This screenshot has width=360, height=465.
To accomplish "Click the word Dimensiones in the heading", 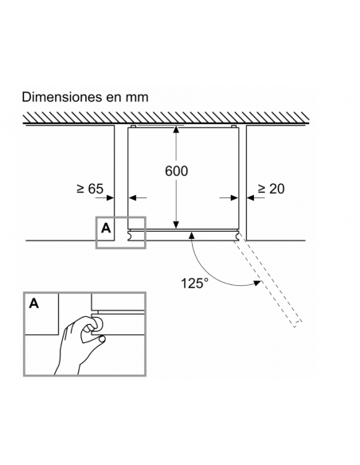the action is pyautogui.click(x=62, y=97).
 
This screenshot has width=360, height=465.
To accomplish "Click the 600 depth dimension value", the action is pyautogui.click(x=177, y=171).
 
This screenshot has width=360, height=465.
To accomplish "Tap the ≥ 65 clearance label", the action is pyautogui.click(x=90, y=189).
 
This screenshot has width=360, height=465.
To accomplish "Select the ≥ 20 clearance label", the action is pyautogui.click(x=272, y=189).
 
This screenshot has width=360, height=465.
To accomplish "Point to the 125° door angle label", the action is pyautogui.click(x=194, y=283).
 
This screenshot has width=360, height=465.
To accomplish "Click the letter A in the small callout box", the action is pyautogui.click(x=106, y=229).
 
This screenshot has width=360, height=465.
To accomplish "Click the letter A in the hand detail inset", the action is pyautogui.click(x=34, y=303).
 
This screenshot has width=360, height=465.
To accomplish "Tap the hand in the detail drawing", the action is pyautogui.click(x=80, y=344).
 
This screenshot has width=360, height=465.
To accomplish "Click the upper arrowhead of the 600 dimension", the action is pyautogui.click(x=177, y=130).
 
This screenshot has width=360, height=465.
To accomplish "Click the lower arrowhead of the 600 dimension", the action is pyautogui.click(x=177, y=225).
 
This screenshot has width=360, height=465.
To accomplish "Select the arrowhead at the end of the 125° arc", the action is pyautogui.click(x=256, y=283).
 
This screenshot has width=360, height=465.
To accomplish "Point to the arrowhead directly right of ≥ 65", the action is pyautogui.click(x=111, y=197).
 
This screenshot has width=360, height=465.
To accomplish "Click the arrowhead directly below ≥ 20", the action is pyautogui.click(x=251, y=197).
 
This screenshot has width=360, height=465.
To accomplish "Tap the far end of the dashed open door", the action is pyautogui.click(x=298, y=324).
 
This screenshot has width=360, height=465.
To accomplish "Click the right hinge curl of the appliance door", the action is pyautogui.click(x=237, y=235).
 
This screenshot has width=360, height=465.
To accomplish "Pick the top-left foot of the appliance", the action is pyautogui.click(x=134, y=127).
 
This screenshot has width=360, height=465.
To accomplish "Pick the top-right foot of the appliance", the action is pyautogui.click(x=233, y=127).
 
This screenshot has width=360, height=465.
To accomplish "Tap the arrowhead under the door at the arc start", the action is pyautogui.click(x=192, y=236).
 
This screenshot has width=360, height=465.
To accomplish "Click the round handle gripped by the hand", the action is pyautogui.click(x=98, y=323).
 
